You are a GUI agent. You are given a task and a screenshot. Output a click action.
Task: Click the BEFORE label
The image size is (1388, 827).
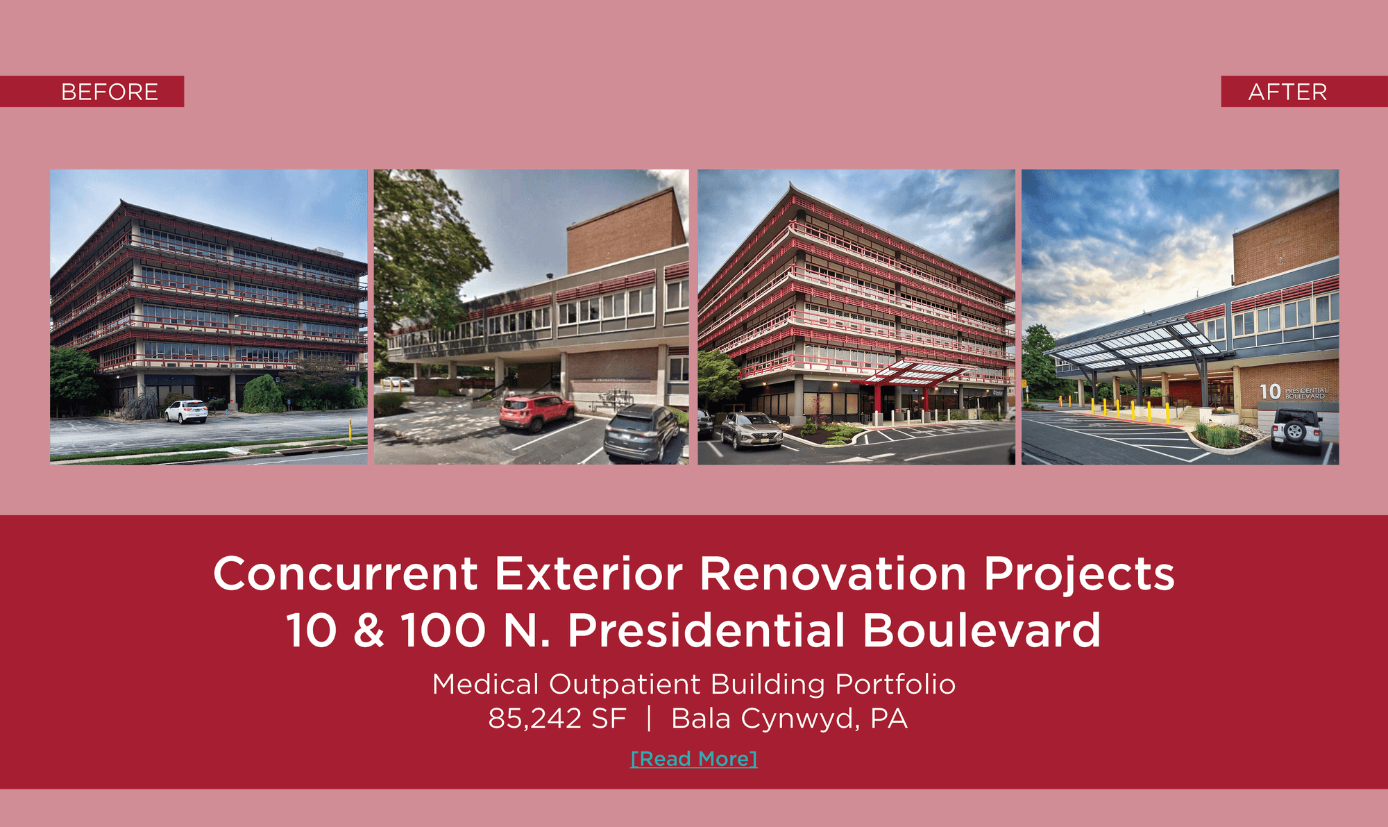[110, 92]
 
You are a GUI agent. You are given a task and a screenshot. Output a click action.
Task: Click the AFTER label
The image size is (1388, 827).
[1287, 92]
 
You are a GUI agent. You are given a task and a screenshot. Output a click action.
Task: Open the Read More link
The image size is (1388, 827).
[694, 758]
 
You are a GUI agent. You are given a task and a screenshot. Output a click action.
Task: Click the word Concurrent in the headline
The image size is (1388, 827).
[345, 574]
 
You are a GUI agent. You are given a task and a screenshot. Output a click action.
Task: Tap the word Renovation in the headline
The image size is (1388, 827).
[833, 574]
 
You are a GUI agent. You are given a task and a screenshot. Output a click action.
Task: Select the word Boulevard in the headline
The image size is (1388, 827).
[981, 630]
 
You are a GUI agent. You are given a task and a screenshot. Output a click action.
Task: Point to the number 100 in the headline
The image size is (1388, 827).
[443, 630]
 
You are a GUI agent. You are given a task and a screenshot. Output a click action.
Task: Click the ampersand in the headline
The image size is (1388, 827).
[369, 630]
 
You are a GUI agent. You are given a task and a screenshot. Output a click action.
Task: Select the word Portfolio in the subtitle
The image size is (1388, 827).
[895, 685]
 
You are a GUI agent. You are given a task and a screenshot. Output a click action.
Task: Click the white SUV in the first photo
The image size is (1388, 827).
[186, 411]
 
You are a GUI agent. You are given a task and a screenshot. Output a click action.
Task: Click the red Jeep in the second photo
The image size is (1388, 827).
[537, 412]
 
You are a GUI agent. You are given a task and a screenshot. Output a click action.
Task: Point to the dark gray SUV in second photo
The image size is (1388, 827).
[641, 433]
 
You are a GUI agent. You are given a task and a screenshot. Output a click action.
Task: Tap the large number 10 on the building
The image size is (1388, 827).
[1270, 392]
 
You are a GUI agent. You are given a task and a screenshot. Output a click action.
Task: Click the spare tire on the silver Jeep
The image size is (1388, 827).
[1295, 431]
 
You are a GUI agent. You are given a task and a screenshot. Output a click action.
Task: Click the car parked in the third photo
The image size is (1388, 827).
[752, 430]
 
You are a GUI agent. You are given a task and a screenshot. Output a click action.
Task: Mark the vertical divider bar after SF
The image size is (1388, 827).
[649, 719]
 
